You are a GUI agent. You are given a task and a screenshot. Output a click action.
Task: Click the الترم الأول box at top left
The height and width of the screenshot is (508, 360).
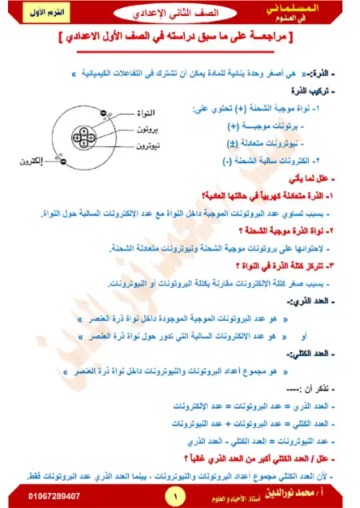click(30, 14)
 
